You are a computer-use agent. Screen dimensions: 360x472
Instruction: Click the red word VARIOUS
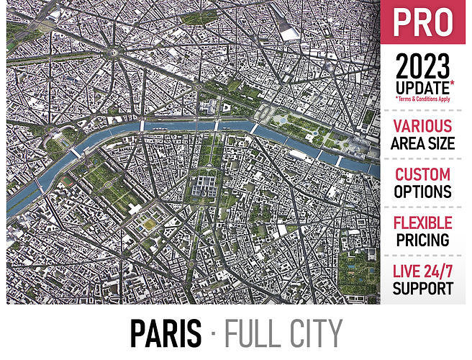click(423, 126)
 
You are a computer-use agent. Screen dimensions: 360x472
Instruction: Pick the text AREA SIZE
click(423, 143)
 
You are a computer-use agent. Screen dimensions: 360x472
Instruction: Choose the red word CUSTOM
click(423, 174)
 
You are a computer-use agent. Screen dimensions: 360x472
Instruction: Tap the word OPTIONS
click(423, 192)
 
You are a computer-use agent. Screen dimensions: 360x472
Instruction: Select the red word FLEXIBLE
click(423, 222)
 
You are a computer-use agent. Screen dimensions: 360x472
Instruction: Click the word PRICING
click(423, 240)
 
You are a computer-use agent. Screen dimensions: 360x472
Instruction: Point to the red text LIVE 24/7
click(423, 271)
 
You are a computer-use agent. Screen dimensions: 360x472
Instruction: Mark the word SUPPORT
click(423, 289)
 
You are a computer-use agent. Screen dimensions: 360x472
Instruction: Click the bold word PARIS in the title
click(165, 332)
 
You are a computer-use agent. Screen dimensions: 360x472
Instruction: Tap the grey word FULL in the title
click(253, 332)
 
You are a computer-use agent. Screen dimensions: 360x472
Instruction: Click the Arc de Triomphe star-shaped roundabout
click(114, 53)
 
